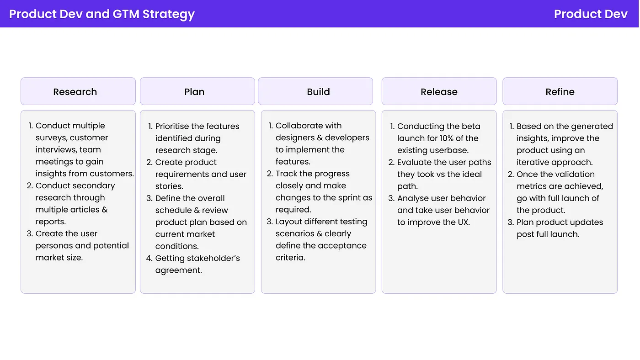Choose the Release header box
tap(439, 91)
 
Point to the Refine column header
tap(560, 91)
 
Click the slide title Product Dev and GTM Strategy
tap(102, 14)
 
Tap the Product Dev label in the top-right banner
tap(591, 14)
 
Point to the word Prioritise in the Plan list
tap(176, 127)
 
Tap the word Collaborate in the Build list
tap(299, 126)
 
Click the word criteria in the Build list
tap(290, 258)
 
